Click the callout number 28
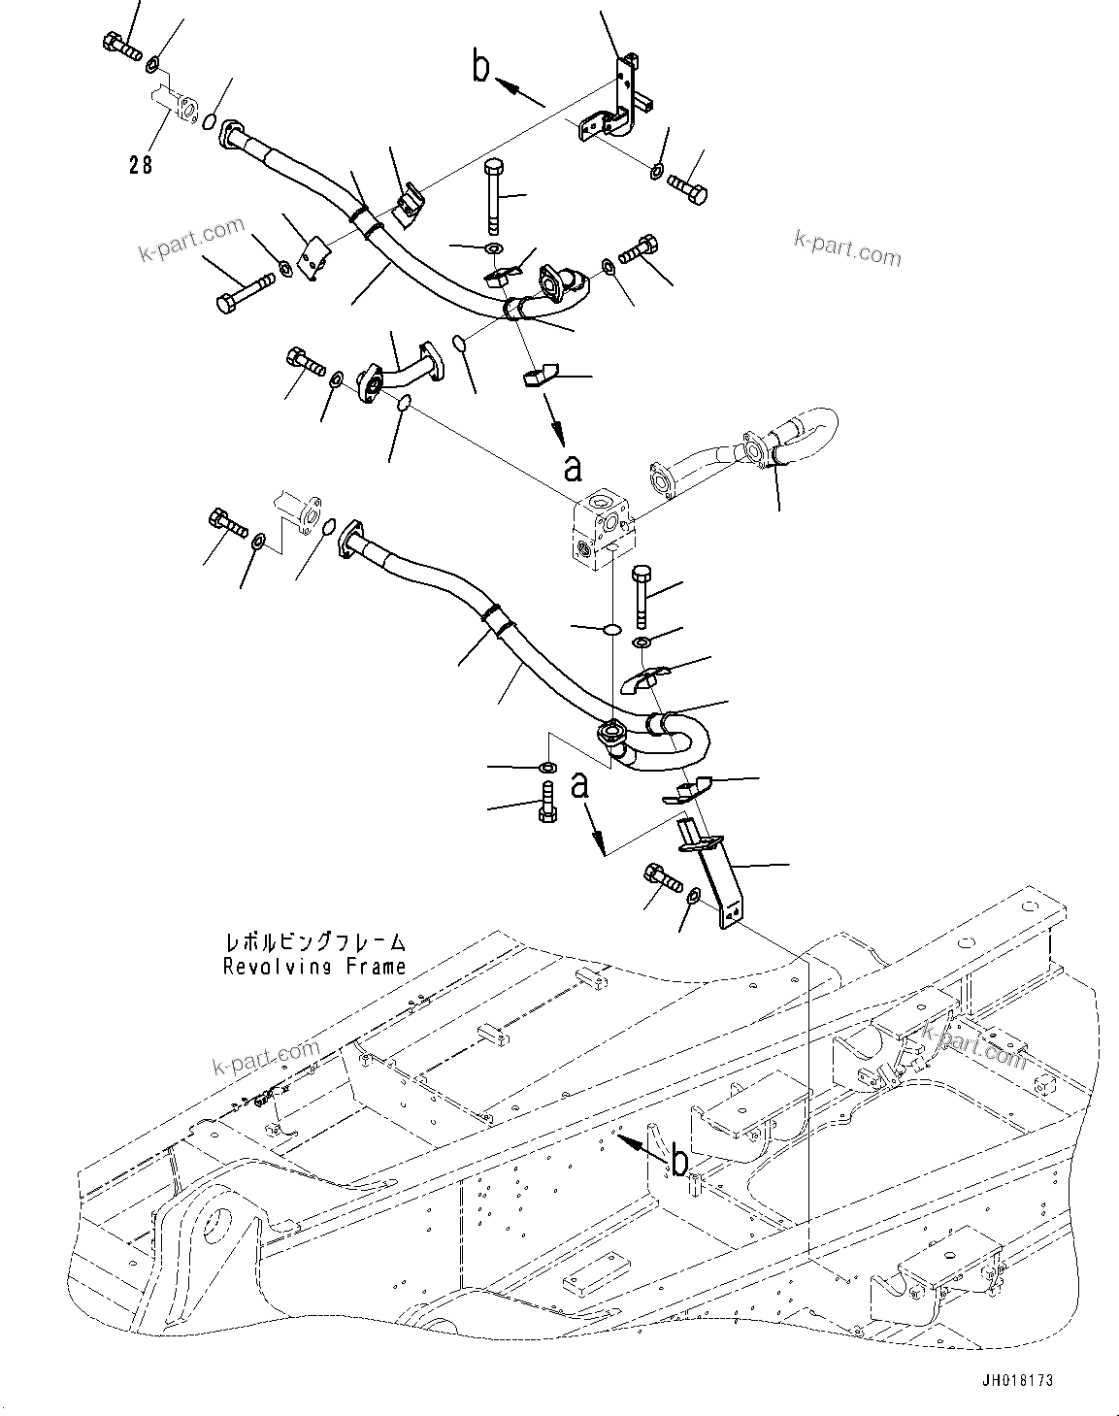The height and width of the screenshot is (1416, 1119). [x=141, y=165]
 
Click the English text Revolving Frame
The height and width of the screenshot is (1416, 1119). [x=314, y=967]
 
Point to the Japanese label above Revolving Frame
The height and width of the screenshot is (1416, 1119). [x=314, y=942]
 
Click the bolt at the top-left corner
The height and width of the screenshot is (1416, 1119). [x=119, y=44]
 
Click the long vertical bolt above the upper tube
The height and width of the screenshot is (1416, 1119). [x=494, y=194]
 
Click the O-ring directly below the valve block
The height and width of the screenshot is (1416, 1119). [x=611, y=630]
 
